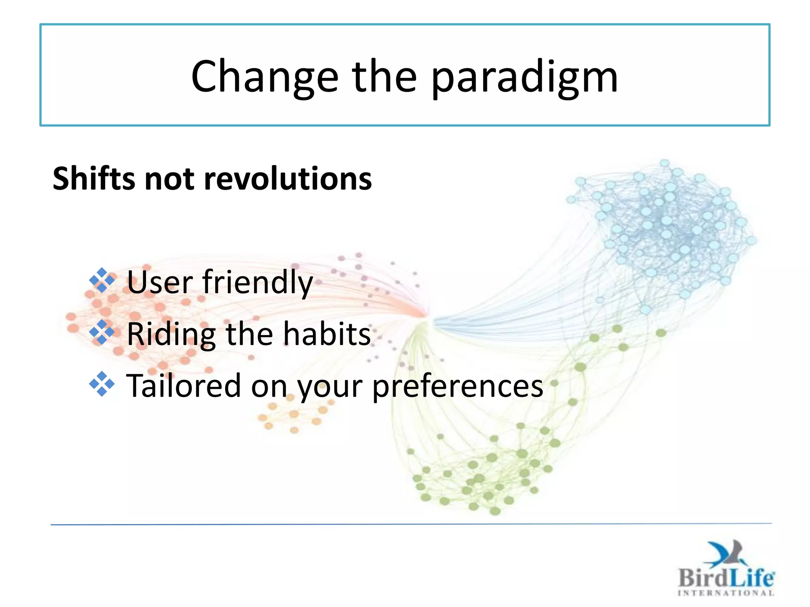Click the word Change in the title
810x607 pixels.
pyautogui.click(x=265, y=77)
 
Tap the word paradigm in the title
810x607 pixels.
pyautogui.click(x=524, y=78)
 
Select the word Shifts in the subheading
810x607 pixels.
pyautogui.click(x=94, y=179)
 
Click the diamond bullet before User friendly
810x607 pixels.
pyautogui.click(x=102, y=281)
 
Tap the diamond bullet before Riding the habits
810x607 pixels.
pyautogui.click(x=102, y=332)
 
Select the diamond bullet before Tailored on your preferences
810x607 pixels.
pyautogui.click(x=102, y=384)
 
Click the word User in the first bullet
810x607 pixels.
pyautogui.click(x=160, y=282)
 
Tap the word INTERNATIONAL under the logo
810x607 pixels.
pyautogui.click(x=726, y=593)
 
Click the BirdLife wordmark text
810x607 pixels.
pyautogui.click(x=726, y=578)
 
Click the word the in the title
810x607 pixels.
pyautogui.click(x=384, y=77)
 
